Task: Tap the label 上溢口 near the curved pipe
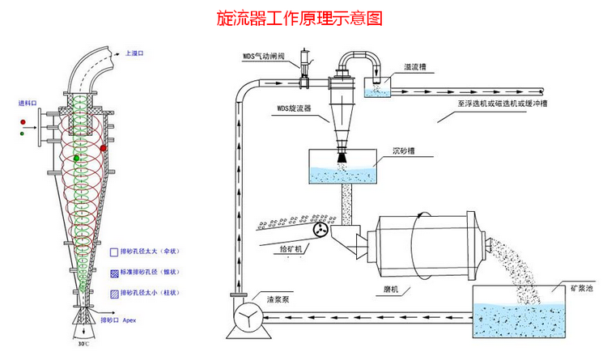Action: (x=134, y=53)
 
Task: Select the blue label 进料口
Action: (x=28, y=104)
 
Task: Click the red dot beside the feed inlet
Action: (x=24, y=123)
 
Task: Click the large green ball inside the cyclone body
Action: (x=76, y=159)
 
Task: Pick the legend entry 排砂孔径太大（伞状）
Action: (x=151, y=252)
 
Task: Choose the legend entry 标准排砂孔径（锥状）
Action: (x=151, y=272)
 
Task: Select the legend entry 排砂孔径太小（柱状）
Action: (x=151, y=292)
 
